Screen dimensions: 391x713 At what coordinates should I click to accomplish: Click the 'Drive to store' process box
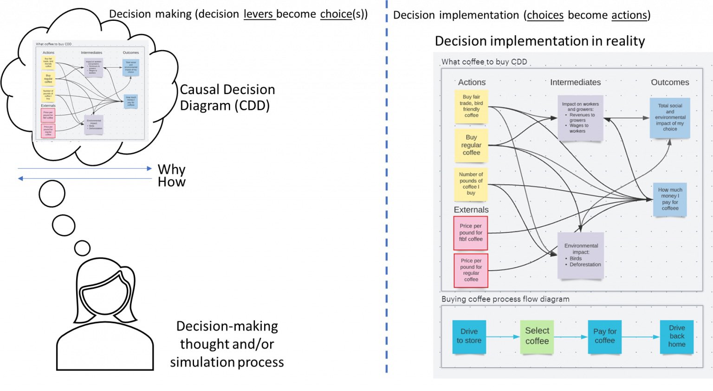click(x=469, y=336)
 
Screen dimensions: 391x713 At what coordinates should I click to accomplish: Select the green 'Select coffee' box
click(x=537, y=336)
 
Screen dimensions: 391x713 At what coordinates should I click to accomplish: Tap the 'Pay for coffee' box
click(x=604, y=336)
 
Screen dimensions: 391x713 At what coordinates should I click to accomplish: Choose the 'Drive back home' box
click(x=676, y=336)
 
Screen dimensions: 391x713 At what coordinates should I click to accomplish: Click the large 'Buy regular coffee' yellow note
click(x=471, y=145)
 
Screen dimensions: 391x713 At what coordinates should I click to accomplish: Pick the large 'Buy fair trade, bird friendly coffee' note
click(x=471, y=106)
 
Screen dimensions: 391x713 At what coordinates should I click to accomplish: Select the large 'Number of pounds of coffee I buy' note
click(x=471, y=184)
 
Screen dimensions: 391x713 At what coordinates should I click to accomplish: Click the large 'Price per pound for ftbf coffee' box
click(x=471, y=233)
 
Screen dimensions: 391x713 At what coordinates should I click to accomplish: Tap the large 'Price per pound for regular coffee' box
click(x=471, y=270)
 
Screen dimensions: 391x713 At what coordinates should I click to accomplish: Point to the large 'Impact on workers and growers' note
click(x=580, y=118)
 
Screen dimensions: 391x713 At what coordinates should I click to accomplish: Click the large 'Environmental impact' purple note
click(x=581, y=255)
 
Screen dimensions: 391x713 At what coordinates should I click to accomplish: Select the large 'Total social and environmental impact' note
click(x=670, y=118)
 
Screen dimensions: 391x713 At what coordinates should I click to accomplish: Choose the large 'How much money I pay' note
click(x=670, y=199)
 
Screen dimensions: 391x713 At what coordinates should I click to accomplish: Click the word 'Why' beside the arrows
click(x=171, y=169)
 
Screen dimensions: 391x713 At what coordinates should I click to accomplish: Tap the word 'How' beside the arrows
click(x=171, y=182)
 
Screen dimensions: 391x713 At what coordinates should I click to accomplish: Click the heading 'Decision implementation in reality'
click(x=539, y=41)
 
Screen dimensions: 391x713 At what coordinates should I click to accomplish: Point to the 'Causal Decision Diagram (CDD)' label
click(x=227, y=97)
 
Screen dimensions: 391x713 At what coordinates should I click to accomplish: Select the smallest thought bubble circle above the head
click(x=82, y=248)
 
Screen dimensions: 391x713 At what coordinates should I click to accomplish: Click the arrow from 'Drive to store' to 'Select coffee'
click(x=502, y=337)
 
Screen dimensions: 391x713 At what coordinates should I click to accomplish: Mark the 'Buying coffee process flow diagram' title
click(x=505, y=299)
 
